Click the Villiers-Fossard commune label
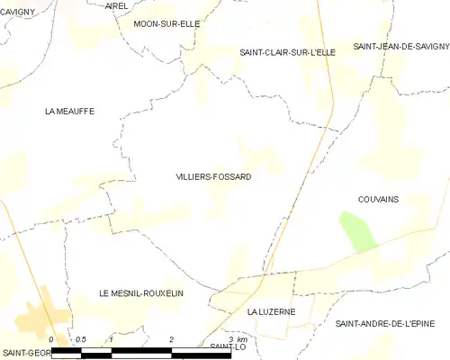tap(213, 177)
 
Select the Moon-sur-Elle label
tap(166, 23)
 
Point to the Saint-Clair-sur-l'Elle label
tap(287, 52)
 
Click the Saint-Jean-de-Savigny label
tap(400, 46)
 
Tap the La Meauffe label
tap(69, 111)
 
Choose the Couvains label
tap(378, 199)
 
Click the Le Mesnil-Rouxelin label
tap(141, 294)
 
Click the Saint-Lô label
tap(228, 346)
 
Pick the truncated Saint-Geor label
tap(24, 353)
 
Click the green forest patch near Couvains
tap(357, 231)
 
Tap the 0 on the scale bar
tap(51, 339)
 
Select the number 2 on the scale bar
tap(171, 339)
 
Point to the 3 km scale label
tap(236, 338)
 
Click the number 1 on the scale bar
tap(110, 339)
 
